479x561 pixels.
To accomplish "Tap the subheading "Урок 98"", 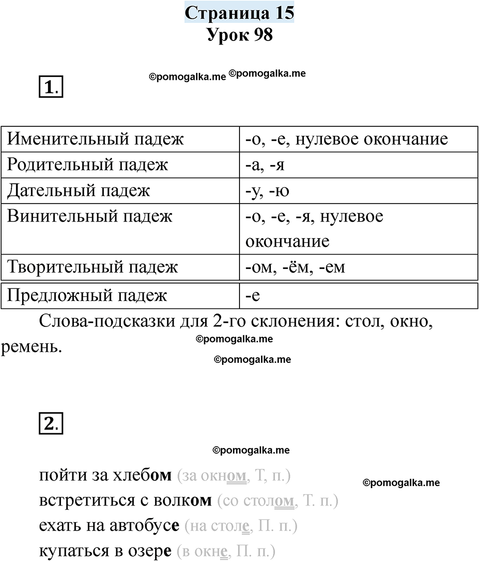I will [x=239, y=35].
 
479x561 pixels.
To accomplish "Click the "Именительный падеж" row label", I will [x=95, y=139].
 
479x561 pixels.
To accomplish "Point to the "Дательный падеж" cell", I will [x=78, y=191].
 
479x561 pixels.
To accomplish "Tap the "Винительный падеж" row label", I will [x=90, y=217].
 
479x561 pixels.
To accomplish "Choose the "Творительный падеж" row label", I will [x=92, y=267].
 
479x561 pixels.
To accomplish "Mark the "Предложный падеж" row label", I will [x=87, y=295].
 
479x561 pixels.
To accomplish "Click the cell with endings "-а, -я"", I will [x=265, y=165].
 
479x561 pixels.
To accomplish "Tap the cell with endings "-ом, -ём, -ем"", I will [x=295, y=267].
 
